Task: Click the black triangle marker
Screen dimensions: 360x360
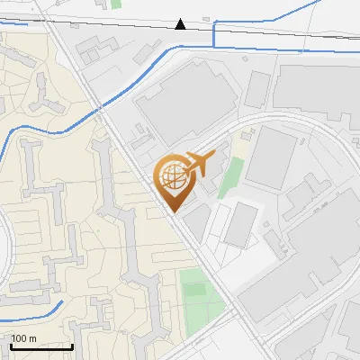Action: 181,24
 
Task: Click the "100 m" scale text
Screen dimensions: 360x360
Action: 23,338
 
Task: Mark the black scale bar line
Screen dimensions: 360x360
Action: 41,346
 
